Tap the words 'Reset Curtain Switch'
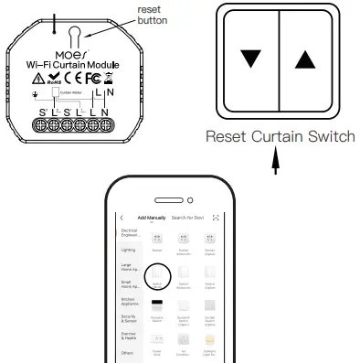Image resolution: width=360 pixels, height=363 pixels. coord(278,137)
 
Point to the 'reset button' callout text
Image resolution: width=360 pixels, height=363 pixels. coord(152,14)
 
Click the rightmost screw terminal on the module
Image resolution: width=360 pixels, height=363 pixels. coord(106,121)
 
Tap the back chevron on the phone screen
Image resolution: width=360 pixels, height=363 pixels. coord(122,217)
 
